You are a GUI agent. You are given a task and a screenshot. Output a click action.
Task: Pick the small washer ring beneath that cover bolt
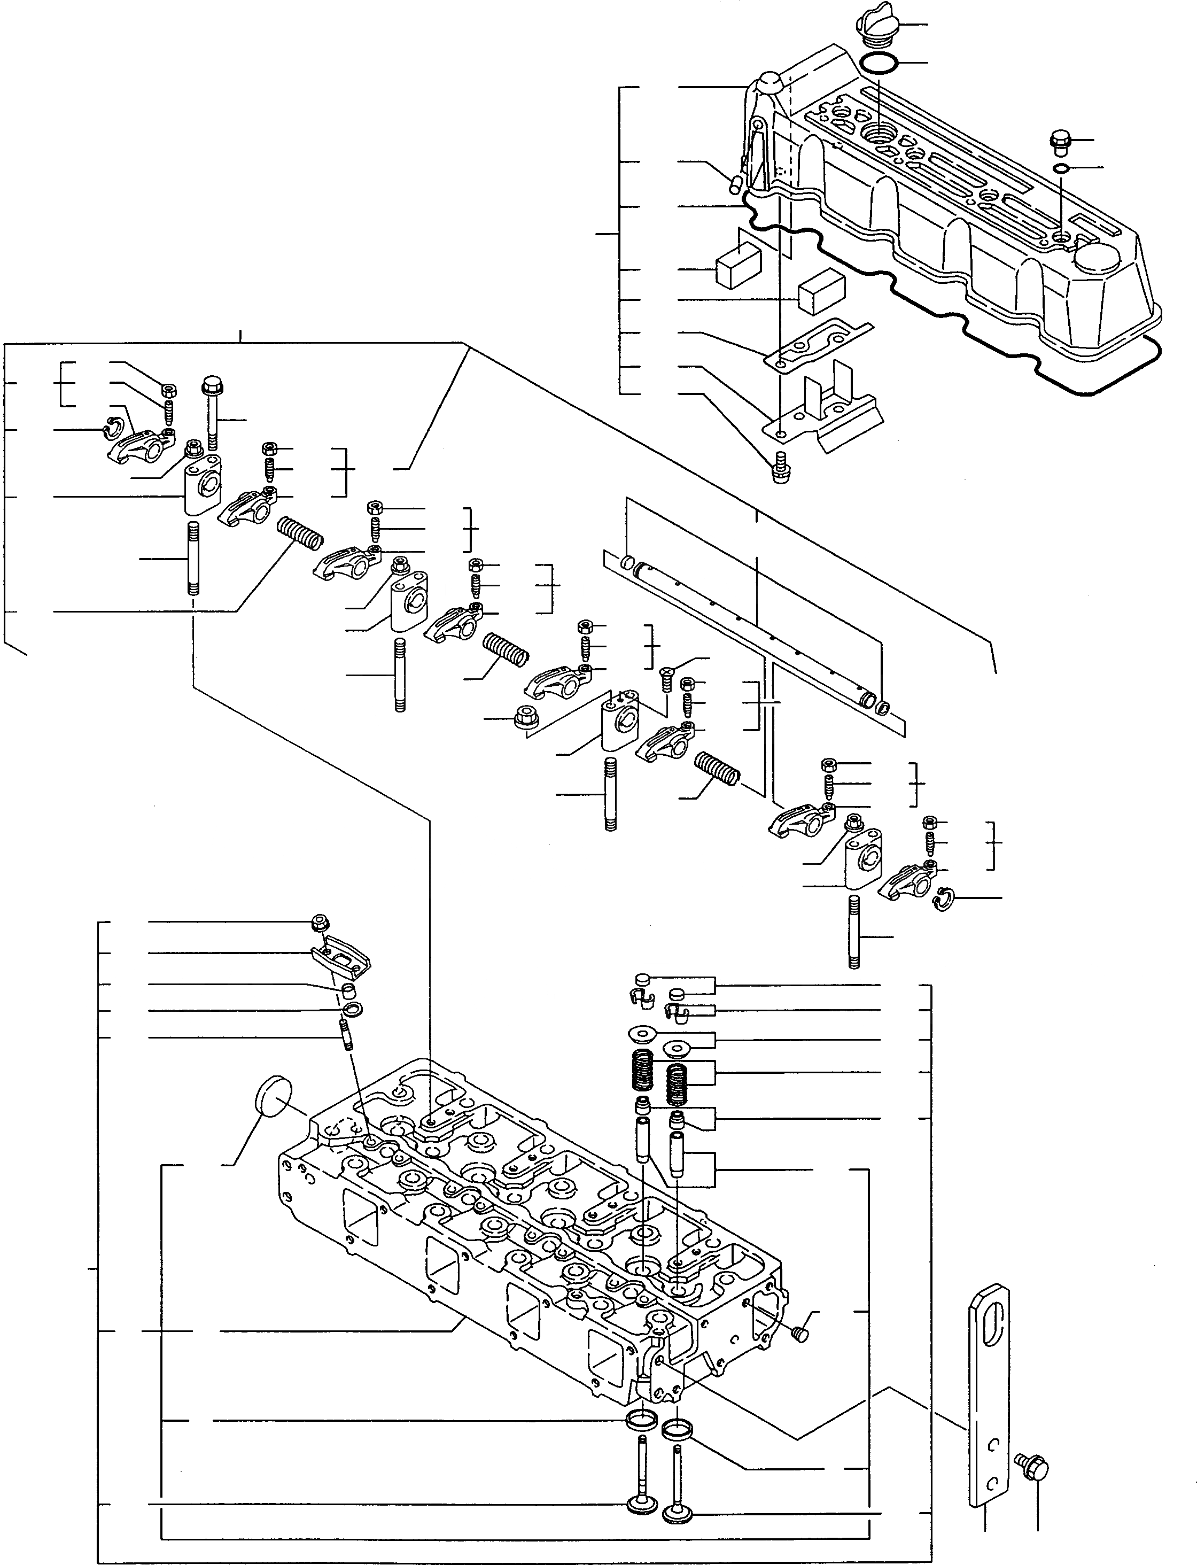click(x=1060, y=168)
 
